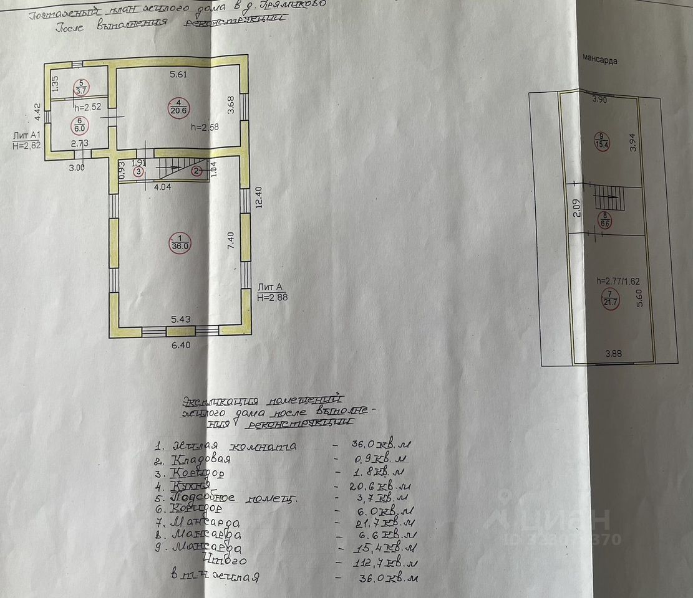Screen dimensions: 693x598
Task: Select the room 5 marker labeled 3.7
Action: [81, 87]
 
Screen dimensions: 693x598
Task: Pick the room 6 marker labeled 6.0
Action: [80, 125]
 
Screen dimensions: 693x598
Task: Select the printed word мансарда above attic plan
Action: [599, 60]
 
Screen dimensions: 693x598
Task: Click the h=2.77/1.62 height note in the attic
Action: [617, 281]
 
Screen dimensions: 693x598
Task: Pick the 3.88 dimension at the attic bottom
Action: [614, 354]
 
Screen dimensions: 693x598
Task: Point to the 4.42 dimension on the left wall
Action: [37, 111]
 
